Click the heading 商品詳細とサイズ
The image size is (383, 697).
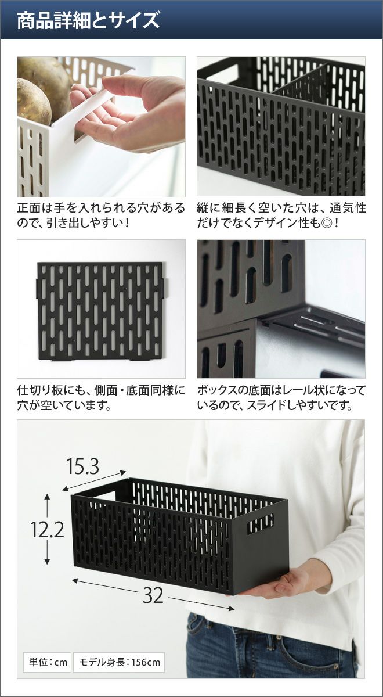(88, 20)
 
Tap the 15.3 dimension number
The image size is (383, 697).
(82, 466)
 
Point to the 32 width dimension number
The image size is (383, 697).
(153, 595)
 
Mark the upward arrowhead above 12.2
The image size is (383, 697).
(47, 497)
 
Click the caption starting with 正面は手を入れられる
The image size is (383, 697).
(101, 215)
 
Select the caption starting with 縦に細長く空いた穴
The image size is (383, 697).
(281, 215)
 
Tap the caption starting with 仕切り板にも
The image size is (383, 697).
(101, 398)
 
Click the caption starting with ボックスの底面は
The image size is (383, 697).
(281, 398)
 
